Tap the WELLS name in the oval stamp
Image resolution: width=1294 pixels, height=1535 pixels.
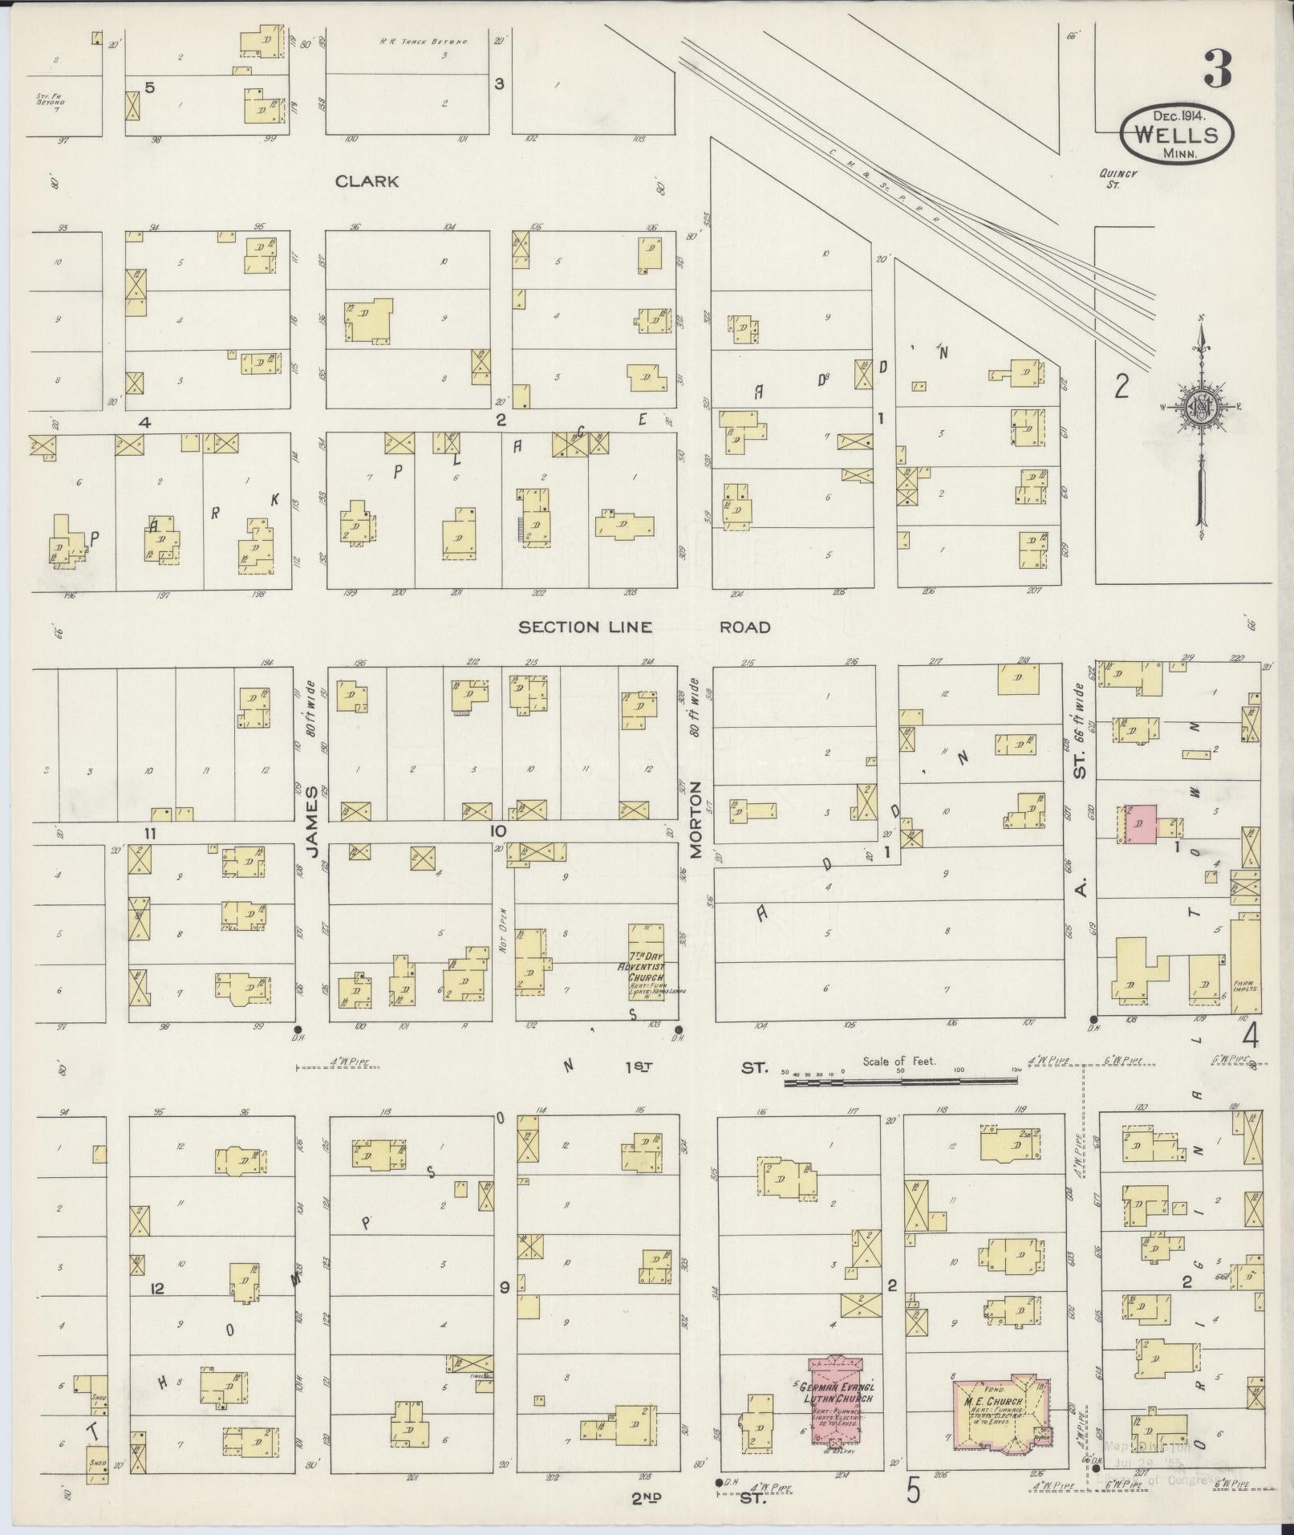(1177, 134)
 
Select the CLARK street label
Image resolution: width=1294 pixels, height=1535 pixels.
(367, 181)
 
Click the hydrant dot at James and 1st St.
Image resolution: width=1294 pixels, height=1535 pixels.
(298, 1029)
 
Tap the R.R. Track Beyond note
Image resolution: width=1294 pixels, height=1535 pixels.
(424, 40)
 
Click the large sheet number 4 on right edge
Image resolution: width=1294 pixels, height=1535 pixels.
(1250, 1036)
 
